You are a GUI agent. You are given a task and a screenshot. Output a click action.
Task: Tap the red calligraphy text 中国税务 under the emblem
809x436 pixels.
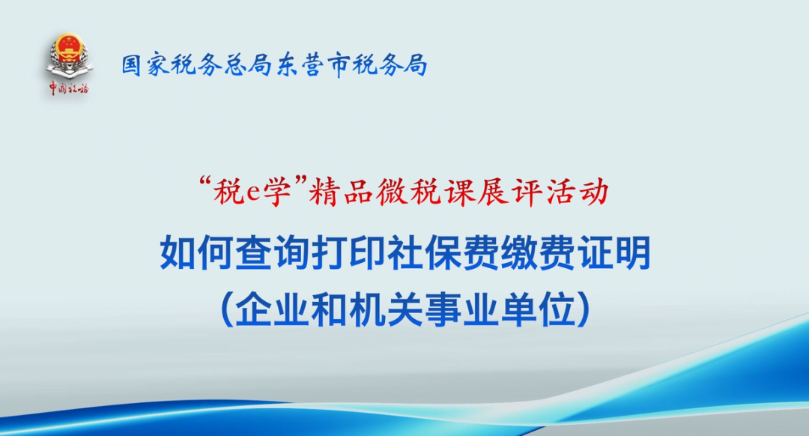click(69, 88)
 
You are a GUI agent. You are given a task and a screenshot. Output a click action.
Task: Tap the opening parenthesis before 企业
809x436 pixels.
click(226, 309)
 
